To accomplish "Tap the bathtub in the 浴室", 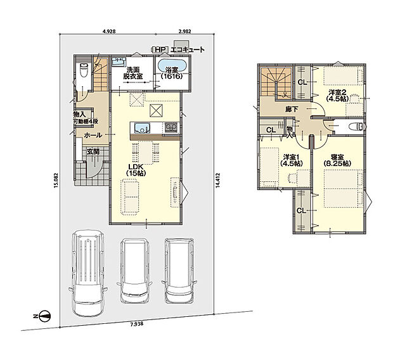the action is (x=172, y=67).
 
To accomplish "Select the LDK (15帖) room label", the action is (x=136, y=170).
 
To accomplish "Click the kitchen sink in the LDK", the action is (x=142, y=128).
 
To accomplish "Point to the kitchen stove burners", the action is (x=171, y=128).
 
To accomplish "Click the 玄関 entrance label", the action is (x=93, y=151).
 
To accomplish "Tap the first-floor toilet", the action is (x=84, y=70).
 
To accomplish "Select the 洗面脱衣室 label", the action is (x=133, y=73).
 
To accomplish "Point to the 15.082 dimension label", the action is (x=56, y=180).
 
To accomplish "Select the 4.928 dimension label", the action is (x=109, y=31).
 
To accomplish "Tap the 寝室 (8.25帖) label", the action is (x=337, y=160).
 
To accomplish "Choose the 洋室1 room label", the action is (x=292, y=160).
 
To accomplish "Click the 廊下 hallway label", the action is (x=292, y=109).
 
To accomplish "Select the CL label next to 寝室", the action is (x=302, y=211).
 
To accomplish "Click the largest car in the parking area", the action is (x=88, y=273).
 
